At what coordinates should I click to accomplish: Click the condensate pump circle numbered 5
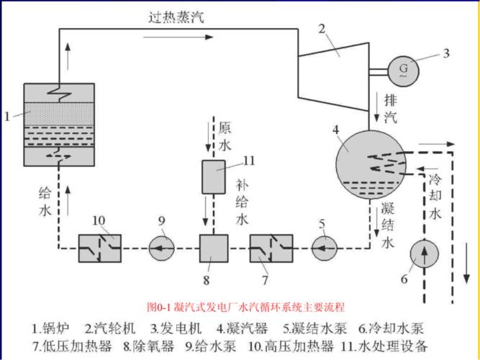[x=325, y=248]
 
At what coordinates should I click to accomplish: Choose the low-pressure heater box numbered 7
[x=271, y=248]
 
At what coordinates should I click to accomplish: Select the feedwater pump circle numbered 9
[x=162, y=248]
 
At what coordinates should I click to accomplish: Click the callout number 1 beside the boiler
[x=8, y=114]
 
